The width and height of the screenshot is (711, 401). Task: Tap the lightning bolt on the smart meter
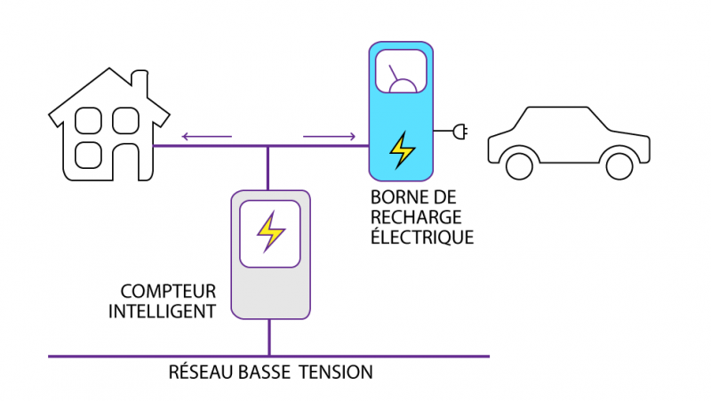tap(270, 231)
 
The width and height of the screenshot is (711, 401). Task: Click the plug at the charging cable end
tap(460, 132)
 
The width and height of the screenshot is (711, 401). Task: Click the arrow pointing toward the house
tap(205, 136)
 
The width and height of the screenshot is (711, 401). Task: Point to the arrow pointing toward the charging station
tap(329, 136)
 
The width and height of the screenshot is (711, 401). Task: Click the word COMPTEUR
tap(168, 291)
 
